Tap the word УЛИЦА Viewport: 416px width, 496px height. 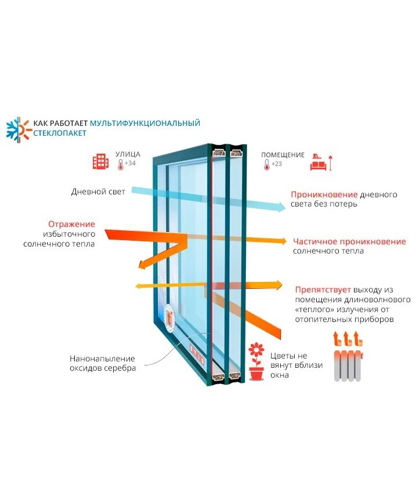[x=128, y=154]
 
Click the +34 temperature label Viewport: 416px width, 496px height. [x=130, y=164]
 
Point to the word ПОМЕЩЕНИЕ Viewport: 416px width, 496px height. [x=283, y=155]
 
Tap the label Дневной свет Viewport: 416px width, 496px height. [x=98, y=191]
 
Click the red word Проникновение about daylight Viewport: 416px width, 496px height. [x=323, y=194]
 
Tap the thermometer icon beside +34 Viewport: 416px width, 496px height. [x=120, y=165]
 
